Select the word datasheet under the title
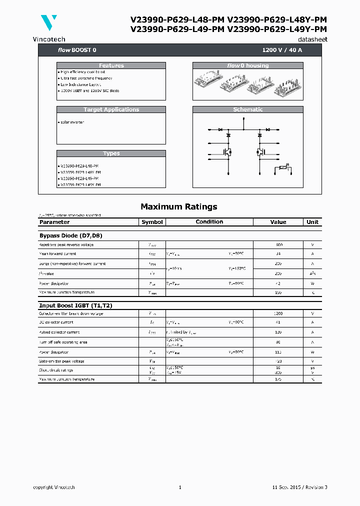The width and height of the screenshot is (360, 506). [312, 39]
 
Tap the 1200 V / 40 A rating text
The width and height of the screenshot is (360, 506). [282, 50]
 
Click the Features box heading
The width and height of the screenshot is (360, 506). [111, 65]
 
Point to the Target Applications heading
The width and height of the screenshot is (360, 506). [111, 109]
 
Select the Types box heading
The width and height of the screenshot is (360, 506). [111, 153]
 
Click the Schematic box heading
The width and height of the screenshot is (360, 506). [247, 109]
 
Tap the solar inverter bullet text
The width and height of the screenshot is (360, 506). [71, 122]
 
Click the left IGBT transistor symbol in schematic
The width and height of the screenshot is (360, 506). [227, 151]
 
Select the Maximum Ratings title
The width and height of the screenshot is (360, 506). [179, 206]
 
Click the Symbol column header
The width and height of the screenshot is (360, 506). [152, 222]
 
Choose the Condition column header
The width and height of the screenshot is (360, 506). [209, 222]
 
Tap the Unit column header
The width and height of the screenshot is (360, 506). [312, 222]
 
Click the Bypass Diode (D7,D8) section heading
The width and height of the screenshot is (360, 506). [70, 235]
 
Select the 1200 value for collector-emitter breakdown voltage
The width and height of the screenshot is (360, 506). [278, 313]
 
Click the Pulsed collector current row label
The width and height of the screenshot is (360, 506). [59, 332]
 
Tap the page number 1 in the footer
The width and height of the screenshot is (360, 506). [180, 487]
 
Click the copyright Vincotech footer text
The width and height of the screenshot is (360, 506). [54, 487]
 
